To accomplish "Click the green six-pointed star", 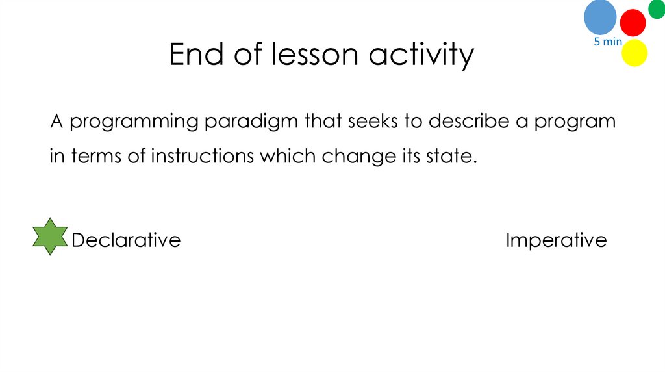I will coord(49,237).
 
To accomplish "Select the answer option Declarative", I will coord(126,240).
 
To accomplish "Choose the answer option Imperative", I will coord(556,241).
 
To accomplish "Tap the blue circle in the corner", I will coord(599,18).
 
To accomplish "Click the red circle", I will coord(633,23).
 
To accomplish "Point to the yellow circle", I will coord(634,53).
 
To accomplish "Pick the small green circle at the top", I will coord(657,8).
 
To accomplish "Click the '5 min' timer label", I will coord(608,42).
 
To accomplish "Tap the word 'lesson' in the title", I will coord(314,55).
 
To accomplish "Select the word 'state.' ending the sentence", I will coord(450,157).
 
